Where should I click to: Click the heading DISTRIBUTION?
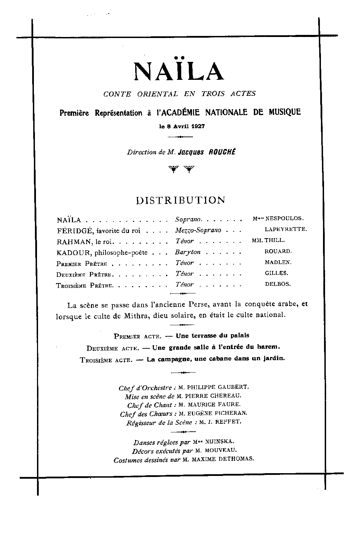[x=181, y=200]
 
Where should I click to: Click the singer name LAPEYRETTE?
[x=286, y=229]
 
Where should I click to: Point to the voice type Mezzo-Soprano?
[x=198, y=230]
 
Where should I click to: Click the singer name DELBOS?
[x=278, y=284]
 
